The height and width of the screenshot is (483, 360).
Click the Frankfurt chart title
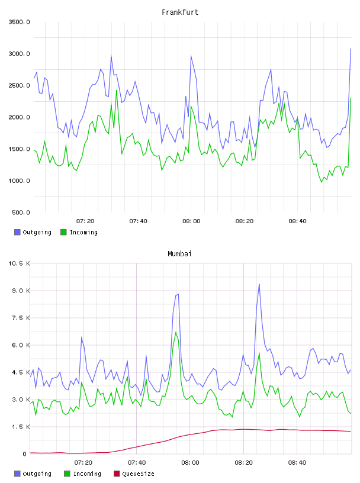pos(180,12)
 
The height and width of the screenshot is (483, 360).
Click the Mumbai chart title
pos(179,254)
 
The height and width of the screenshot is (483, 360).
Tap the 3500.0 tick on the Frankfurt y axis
pos(19,22)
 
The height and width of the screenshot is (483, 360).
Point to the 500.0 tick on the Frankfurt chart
pos(21,212)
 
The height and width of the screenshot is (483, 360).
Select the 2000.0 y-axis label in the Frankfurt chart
pos(19,117)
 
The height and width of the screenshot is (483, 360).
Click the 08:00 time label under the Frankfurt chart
pos(191,221)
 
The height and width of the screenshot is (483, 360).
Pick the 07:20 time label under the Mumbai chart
pos(83,463)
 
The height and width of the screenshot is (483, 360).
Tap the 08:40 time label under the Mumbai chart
pos(297,463)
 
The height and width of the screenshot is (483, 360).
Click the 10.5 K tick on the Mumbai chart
pos(19,263)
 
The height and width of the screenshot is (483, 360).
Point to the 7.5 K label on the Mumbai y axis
pos(21,318)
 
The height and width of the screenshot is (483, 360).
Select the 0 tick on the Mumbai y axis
pos(25,454)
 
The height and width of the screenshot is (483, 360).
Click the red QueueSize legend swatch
pos(117,474)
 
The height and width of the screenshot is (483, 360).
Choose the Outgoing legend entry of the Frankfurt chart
pos(33,232)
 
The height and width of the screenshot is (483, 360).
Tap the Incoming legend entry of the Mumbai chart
pos(82,474)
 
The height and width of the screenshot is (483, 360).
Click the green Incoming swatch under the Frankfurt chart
pos(63,232)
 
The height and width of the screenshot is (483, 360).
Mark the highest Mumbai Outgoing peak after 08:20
pos(259,284)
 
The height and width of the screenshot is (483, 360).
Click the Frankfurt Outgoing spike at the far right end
pos(351,49)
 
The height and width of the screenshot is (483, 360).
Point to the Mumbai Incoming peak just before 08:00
pos(176,333)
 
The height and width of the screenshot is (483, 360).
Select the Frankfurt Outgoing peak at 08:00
pos(191,56)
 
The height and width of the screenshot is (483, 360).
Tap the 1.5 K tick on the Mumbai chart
pos(21,427)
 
